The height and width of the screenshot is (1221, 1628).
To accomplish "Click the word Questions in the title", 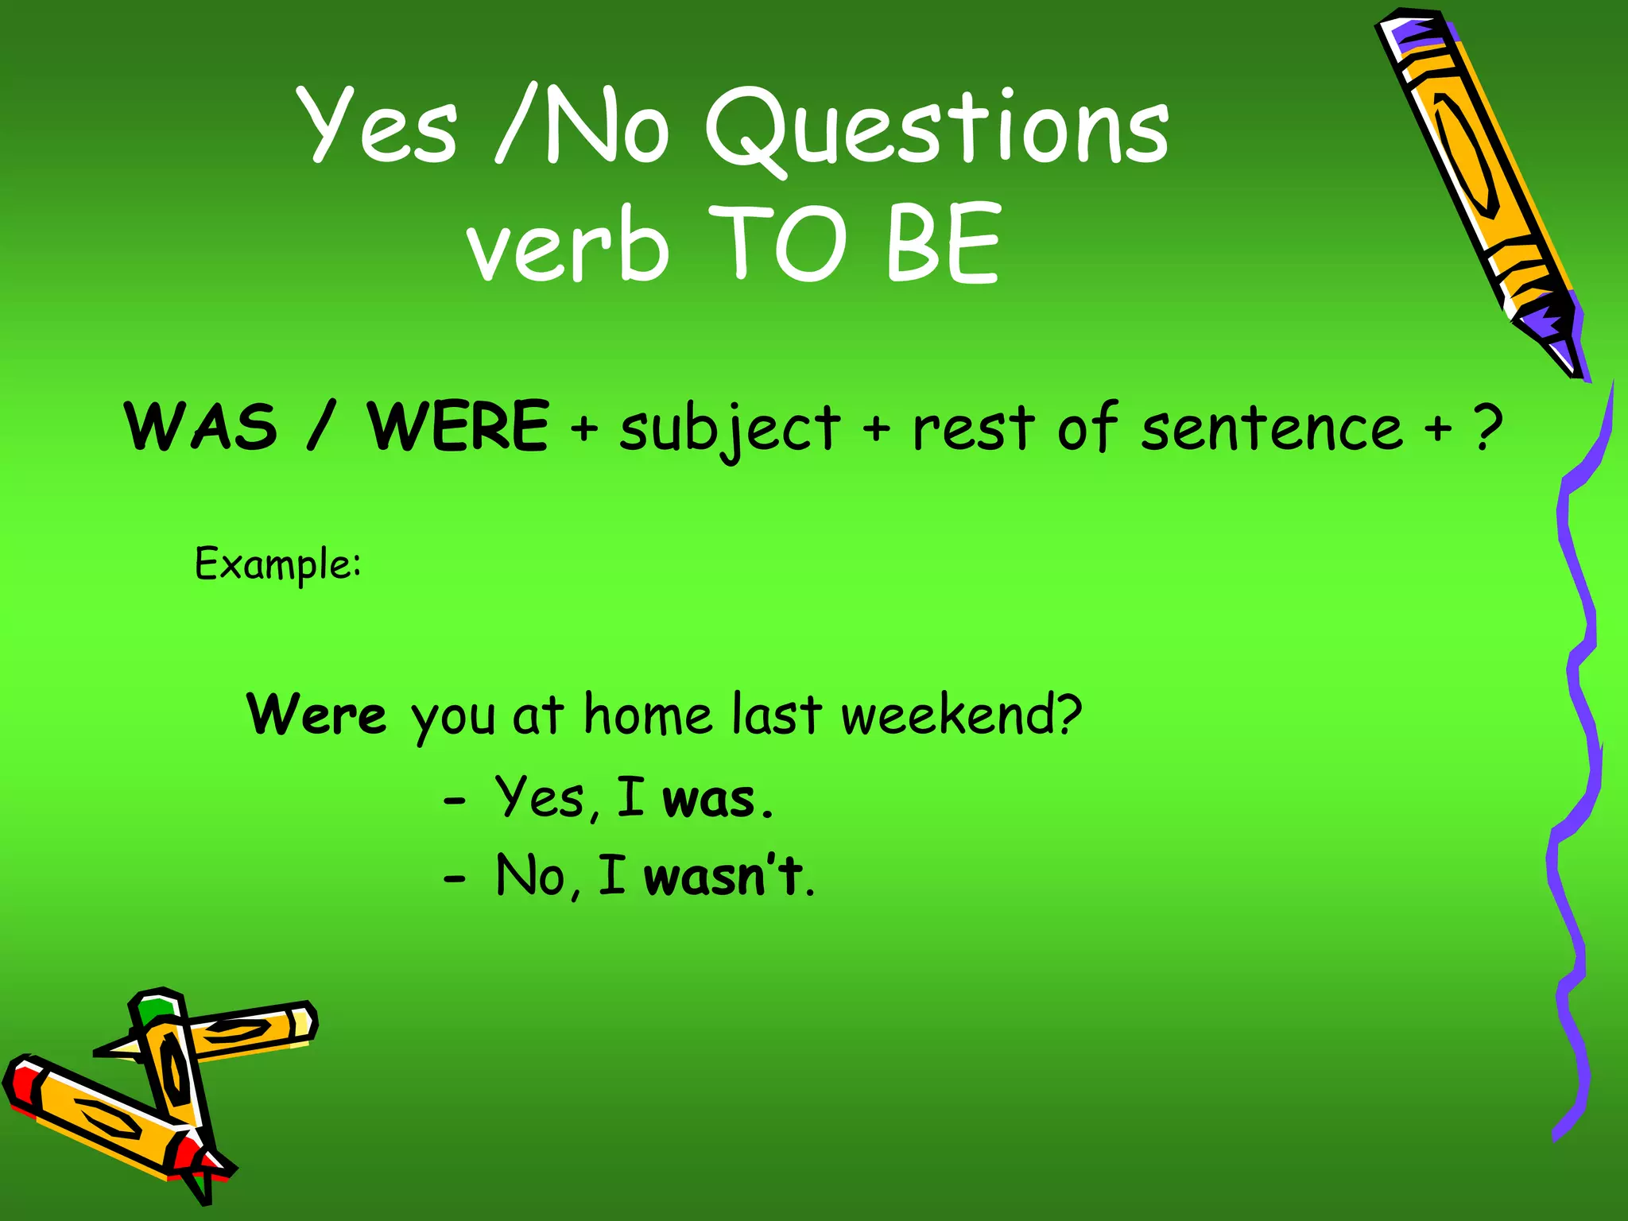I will tap(938, 127).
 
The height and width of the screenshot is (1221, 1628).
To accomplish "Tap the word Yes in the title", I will tap(378, 126).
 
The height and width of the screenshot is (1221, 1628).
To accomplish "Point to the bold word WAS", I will tap(202, 427).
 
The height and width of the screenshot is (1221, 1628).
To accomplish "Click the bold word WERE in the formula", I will tap(458, 427).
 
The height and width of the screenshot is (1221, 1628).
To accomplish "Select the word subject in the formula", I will tap(729, 429).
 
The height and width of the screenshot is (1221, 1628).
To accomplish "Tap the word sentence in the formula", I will tap(1272, 429).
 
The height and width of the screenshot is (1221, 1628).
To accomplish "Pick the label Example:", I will tap(278, 565).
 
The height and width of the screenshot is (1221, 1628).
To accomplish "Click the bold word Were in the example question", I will tap(316, 715).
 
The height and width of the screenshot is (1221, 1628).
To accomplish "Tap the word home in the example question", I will tap(648, 715).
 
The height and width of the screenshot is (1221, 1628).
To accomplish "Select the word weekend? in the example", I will tap(961, 715).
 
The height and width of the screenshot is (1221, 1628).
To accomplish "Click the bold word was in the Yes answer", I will tap(708, 800).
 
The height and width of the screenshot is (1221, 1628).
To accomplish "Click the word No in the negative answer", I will tap(529, 876).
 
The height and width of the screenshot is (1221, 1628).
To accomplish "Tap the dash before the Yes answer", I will tap(454, 801).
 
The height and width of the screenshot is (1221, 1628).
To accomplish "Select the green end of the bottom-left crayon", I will tap(156, 1010).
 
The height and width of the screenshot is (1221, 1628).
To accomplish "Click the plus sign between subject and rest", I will tap(876, 429).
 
